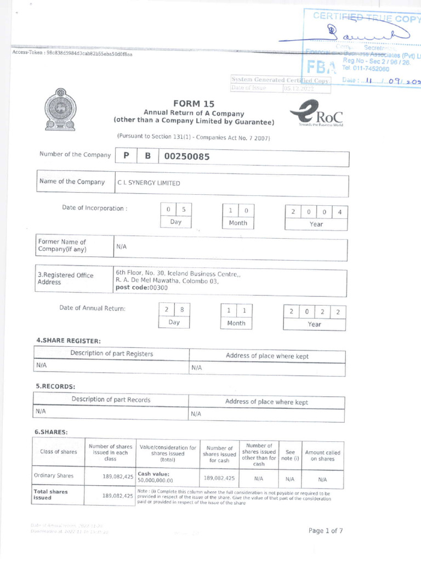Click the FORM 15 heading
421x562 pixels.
pyautogui.click(x=194, y=104)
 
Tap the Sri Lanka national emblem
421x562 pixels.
pyautogui.click(x=60, y=110)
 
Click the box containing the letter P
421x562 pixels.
pyautogui.click(x=126, y=156)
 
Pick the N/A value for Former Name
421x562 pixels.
pyautogui.click(x=121, y=247)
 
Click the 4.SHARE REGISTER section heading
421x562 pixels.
pyautogui.click(x=69, y=341)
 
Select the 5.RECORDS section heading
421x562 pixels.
pyautogui.click(x=55, y=386)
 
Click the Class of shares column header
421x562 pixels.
pyautogui.click(x=59, y=452)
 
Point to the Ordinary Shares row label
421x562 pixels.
pyautogui.click(x=54, y=476)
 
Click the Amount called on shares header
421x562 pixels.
pyautogui.click(x=322, y=456)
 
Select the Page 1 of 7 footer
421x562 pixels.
pyautogui.click(x=326, y=531)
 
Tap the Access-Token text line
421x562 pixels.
pyautogui.click(x=72, y=54)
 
